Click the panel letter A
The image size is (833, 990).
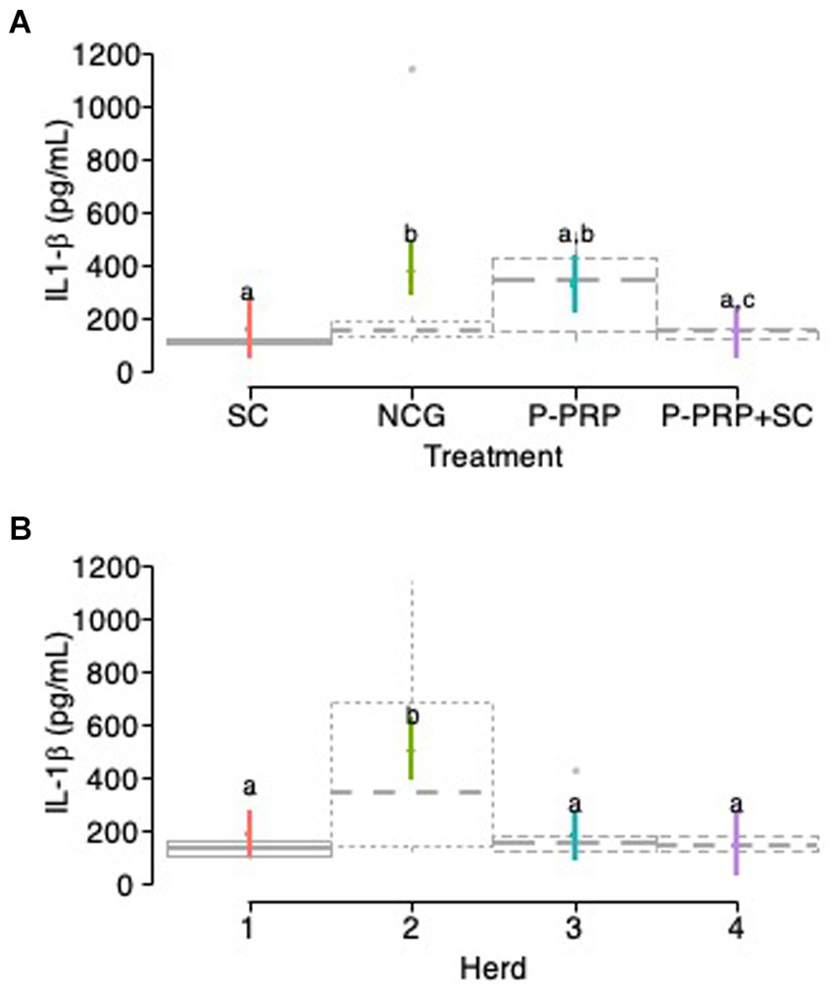click(x=20, y=25)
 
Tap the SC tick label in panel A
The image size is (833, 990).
click(x=249, y=417)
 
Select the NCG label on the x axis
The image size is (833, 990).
click(x=412, y=417)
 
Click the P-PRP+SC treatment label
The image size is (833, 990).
click(x=738, y=417)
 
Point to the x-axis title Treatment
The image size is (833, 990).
click(x=493, y=456)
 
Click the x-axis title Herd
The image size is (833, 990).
click(x=493, y=969)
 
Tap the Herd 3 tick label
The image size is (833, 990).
click(x=575, y=928)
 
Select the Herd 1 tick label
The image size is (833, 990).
click(x=249, y=928)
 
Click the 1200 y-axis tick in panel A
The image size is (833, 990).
click(x=104, y=54)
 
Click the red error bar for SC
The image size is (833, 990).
click(x=249, y=328)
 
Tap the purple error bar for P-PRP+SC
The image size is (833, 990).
click(x=737, y=333)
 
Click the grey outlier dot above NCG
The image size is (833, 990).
click(x=412, y=69)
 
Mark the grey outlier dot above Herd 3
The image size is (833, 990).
click(x=575, y=771)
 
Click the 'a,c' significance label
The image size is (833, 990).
click(x=737, y=299)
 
